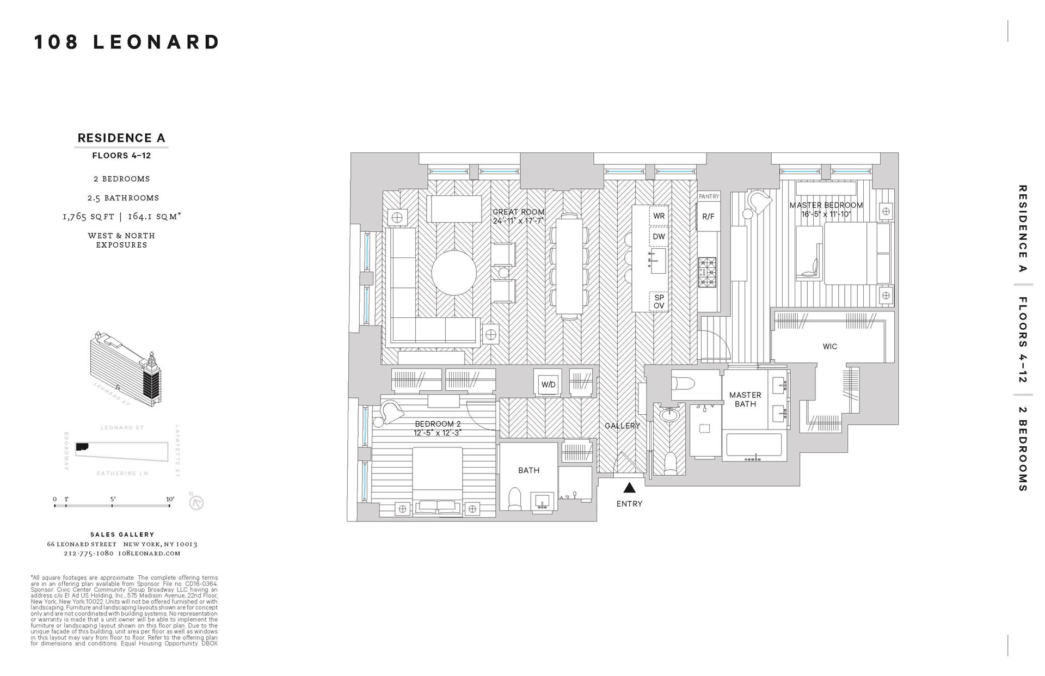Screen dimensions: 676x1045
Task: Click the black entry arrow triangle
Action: (629, 487)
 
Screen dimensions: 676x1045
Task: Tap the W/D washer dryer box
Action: (548, 384)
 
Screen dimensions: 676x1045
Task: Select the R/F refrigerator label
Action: (708, 217)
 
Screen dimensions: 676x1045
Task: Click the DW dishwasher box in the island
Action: (659, 237)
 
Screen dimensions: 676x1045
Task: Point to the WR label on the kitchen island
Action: (659, 216)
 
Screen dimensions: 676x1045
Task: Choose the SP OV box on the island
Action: (659, 302)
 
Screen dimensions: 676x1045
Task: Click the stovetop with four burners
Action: (708, 272)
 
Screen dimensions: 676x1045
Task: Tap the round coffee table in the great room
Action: (454, 272)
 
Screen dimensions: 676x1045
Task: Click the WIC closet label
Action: (830, 346)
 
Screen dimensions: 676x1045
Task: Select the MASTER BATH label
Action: (745, 400)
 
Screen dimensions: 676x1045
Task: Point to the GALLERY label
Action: (622, 426)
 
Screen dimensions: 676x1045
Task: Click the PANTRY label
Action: (709, 196)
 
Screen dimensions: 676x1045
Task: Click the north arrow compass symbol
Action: (196, 502)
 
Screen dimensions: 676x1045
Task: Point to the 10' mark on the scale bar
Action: (170, 500)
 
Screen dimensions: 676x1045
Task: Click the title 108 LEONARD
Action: (127, 42)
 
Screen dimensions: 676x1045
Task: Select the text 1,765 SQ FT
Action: (88, 217)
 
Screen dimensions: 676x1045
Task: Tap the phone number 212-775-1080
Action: (88, 554)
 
